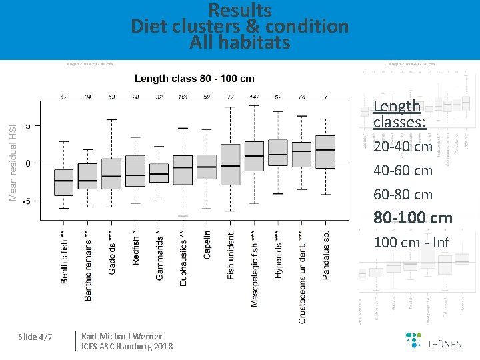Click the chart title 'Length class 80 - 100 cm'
[x=194, y=79]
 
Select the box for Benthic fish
[x=64, y=182]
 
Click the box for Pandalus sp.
[x=325, y=151]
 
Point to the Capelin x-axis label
[x=207, y=245]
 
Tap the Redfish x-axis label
[x=136, y=248]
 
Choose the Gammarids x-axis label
[x=159, y=255]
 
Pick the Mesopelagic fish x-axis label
[x=255, y=269]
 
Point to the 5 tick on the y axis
[x=28, y=125]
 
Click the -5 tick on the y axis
[x=27, y=201]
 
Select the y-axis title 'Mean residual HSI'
[x=13, y=154]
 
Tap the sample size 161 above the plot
[x=183, y=97]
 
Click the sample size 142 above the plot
[x=255, y=97]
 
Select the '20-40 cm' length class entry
[x=403, y=146]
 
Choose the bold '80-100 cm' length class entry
[x=412, y=218]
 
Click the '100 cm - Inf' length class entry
[x=412, y=242]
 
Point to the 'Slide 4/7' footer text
[x=36, y=337]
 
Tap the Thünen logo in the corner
[x=434, y=341]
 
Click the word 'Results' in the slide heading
[x=240, y=11]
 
